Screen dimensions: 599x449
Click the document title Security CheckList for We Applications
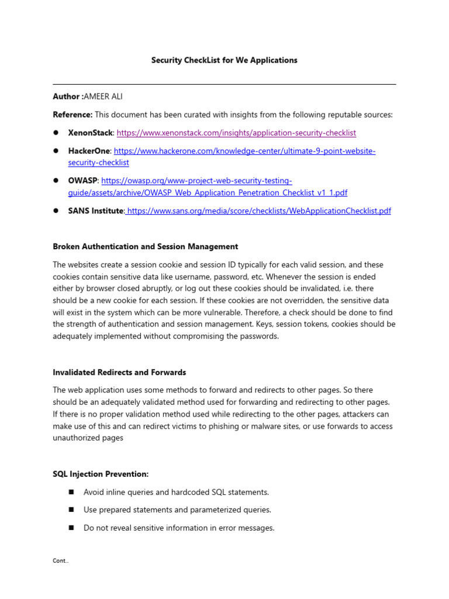224,60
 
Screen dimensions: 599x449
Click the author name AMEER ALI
103,97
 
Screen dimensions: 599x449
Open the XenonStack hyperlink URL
236,133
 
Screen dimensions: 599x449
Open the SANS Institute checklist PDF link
259,211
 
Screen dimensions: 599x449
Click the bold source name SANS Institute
95,211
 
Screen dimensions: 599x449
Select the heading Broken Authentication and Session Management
146,246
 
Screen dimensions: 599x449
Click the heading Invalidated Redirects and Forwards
119,372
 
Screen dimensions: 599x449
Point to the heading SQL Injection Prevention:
101,474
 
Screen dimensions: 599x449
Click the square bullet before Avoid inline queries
72,492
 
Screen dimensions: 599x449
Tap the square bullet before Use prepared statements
72,510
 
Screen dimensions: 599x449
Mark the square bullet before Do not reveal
72,528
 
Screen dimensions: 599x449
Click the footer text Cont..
60,560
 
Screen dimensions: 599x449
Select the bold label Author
67,97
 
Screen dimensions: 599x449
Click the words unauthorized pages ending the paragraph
88,438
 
